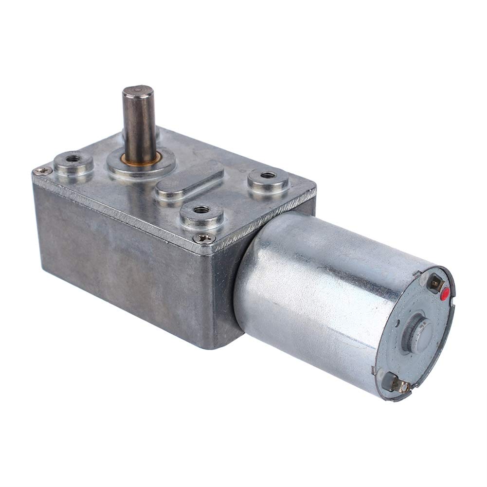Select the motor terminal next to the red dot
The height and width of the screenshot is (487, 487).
coord(435,282)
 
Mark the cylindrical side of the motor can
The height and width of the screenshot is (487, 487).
coord(311,292)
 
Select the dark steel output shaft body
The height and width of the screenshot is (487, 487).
coord(139,122)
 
